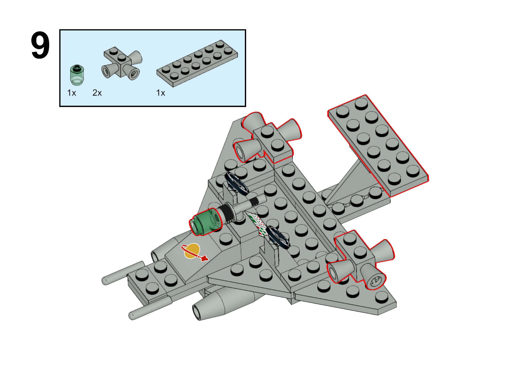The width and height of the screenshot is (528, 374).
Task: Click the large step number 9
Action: [x=40, y=45]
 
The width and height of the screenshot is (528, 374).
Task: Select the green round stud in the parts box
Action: [x=77, y=75]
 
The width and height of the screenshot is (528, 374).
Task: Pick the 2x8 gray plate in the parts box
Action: [x=197, y=63]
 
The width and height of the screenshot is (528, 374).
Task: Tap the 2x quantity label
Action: [x=97, y=93]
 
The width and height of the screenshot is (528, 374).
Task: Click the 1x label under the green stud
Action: [x=71, y=93]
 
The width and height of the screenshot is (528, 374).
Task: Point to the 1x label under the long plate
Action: [x=161, y=93]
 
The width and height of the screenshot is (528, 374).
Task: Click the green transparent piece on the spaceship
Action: [x=206, y=222]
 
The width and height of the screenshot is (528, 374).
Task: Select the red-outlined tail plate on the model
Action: [x=378, y=146]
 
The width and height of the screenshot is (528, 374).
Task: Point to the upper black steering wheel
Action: [x=236, y=184]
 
